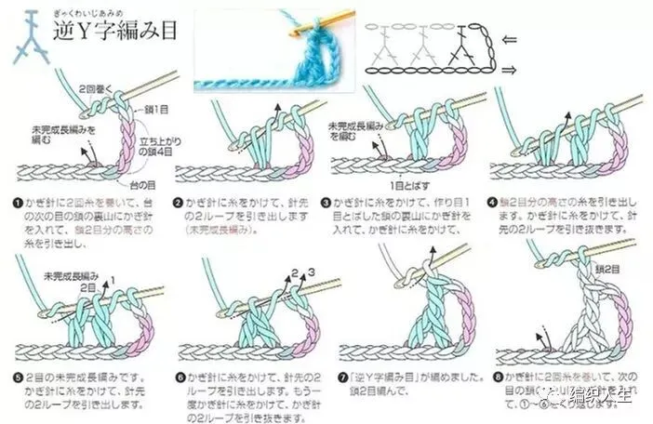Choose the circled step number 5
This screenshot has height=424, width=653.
pos(20,378)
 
